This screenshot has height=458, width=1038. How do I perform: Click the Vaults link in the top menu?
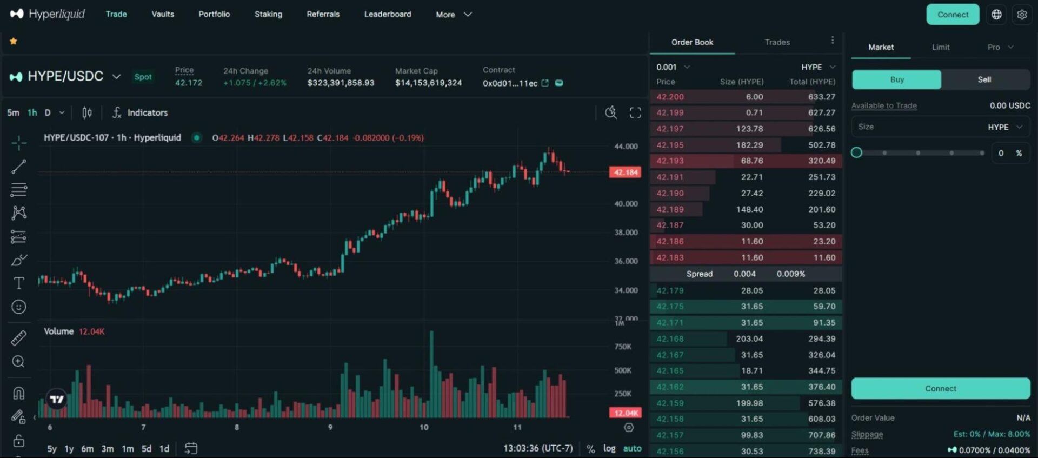[163, 14]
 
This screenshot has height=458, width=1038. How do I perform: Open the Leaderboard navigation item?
[388, 14]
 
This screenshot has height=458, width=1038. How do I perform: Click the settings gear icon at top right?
[1022, 15]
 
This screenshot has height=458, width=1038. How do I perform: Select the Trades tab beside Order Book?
[777, 42]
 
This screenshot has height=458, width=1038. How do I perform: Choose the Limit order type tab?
[940, 47]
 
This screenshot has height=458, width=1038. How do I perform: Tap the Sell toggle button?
[984, 79]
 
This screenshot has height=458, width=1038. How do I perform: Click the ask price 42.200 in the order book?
[670, 97]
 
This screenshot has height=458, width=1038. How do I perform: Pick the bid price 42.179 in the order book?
[670, 290]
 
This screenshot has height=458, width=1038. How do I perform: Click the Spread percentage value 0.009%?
[790, 274]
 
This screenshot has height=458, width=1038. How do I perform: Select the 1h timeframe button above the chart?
[32, 112]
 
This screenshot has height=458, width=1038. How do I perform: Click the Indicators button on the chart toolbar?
[140, 112]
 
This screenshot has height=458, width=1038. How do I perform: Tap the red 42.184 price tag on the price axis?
[626, 172]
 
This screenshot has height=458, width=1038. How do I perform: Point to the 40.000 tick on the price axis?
[626, 204]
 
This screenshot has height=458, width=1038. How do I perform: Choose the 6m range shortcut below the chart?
[87, 449]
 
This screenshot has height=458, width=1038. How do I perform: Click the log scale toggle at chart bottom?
[609, 448]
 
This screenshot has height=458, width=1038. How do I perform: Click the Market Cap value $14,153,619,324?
[428, 83]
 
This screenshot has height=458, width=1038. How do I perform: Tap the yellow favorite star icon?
[14, 41]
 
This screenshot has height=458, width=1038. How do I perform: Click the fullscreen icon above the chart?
[635, 112]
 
